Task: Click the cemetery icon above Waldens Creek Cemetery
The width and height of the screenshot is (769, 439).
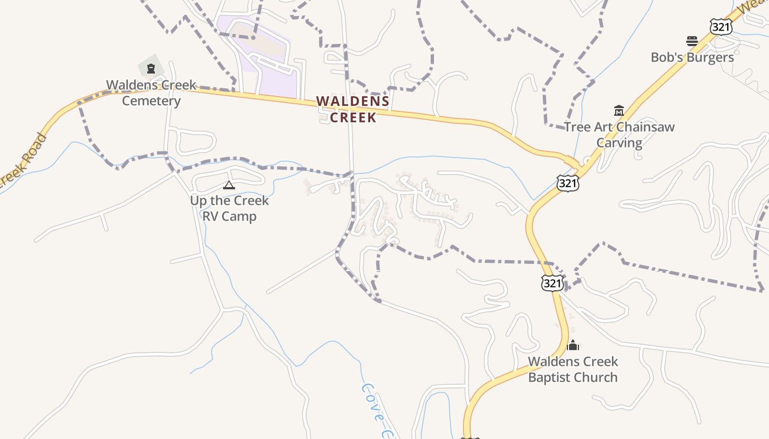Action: pyautogui.click(x=151, y=69)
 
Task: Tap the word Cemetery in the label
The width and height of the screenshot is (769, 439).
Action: pyautogui.click(x=151, y=101)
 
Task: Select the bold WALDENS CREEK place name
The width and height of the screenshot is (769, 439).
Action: pyautogui.click(x=353, y=109)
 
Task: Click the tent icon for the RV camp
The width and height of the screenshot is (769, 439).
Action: pyautogui.click(x=229, y=185)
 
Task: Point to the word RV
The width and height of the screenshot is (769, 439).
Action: pyautogui.click(x=210, y=216)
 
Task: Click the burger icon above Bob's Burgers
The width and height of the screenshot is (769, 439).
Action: pyautogui.click(x=692, y=41)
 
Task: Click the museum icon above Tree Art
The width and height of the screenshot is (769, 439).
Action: pyautogui.click(x=619, y=111)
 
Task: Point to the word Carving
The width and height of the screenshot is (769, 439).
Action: pyautogui.click(x=619, y=143)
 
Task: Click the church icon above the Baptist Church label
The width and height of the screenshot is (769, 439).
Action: pyautogui.click(x=573, y=345)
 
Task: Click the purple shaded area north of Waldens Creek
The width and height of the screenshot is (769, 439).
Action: pyautogui.click(x=275, y=77)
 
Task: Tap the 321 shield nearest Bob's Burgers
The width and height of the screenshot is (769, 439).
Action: pyautogui.click(x=720, y=26)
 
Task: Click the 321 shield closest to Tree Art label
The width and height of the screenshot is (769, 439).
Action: pyautogui.click(x=567, y=183)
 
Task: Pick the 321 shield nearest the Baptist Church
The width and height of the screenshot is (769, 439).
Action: pyautogui.click(x=552, y=283)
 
